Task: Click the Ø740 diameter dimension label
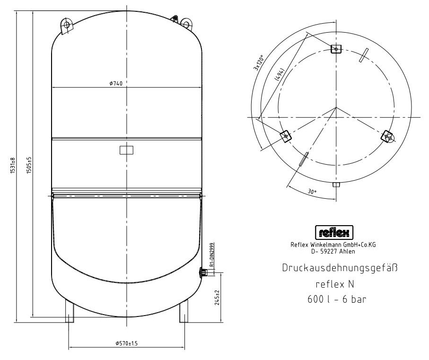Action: click(x=116, y=83)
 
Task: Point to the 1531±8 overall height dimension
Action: click(x=13, y=166)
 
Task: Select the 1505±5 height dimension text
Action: click(x=29, y=165)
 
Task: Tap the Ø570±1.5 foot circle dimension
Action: click(x=126, y=343)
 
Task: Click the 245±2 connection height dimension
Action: click(x=218, y=298)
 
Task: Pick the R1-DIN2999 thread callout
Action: click(x=211, y=255)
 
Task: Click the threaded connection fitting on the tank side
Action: click(x=203, y=273)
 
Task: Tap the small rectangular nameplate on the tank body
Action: click(x=126, y=150)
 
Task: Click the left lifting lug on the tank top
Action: click(x=66, y=26)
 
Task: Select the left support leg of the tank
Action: click(x=70, y=311)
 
